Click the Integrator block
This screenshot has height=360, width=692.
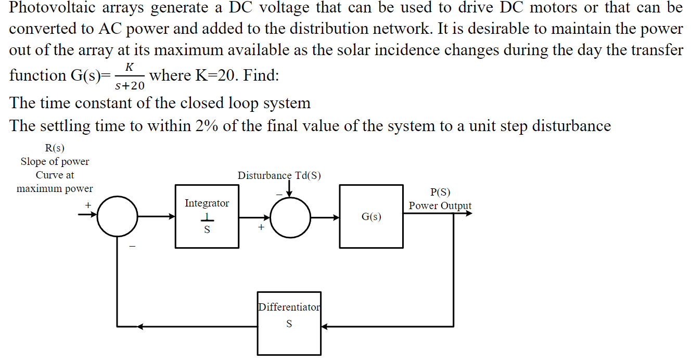[207, 216]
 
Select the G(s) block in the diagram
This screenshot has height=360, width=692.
[371, 216]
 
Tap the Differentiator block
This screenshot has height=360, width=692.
[289, 323]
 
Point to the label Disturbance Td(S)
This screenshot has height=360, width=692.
[279, 175]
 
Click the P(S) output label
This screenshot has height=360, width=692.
[440, 192]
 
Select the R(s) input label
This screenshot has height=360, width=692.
[55, 148]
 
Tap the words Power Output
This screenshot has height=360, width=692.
[440, 205]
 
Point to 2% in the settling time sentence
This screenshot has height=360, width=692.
[207, 125]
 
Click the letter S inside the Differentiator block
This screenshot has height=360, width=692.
[289, 324]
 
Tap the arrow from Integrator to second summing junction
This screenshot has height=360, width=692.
[254, 217]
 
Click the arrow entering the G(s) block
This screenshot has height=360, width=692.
[325, 217]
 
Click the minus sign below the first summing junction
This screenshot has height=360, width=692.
[132, 246]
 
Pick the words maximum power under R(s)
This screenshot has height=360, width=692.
[55, 188]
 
